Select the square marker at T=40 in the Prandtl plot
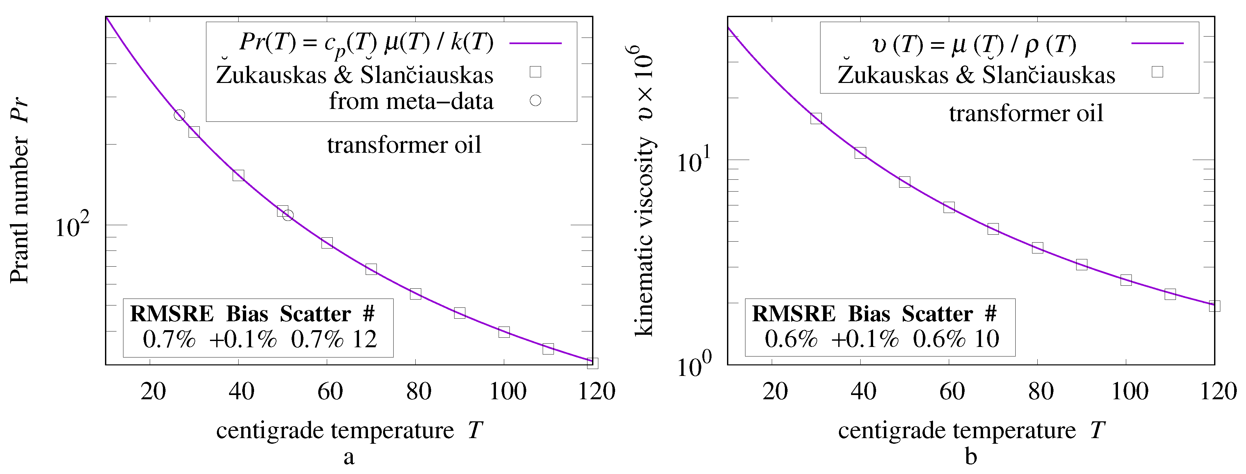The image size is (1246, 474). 238,175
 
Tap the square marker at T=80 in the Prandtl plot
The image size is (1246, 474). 415,294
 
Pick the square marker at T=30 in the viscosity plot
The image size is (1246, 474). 816,118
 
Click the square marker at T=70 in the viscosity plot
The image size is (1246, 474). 993,229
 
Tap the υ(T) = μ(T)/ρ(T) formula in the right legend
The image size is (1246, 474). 974,45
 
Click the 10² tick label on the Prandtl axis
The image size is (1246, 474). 72,226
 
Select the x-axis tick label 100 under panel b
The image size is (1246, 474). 1129,391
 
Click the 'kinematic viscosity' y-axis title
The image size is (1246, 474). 644,237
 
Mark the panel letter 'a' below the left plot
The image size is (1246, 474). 349,457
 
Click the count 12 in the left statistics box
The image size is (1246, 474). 364,340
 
